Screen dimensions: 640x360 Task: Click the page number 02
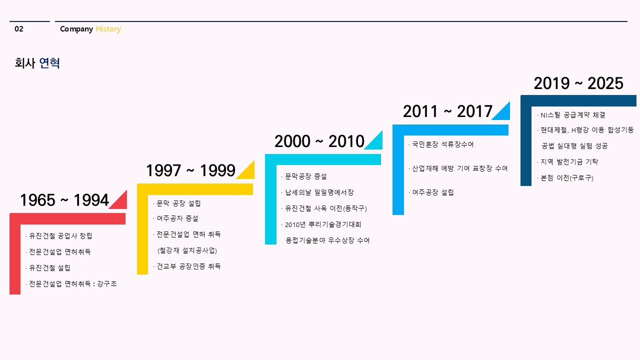click(x=19, y=29)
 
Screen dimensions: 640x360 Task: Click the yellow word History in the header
click(x=108, y=29)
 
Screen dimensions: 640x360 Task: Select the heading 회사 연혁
click(x=37, y=63)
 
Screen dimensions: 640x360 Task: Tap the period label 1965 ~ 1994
click(x=64, y=200)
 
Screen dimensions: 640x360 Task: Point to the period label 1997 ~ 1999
click(x=191, y=170)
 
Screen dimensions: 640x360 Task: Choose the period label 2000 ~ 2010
click(x=319, y=141)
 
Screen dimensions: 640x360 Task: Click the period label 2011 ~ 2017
click(x=447, y=111)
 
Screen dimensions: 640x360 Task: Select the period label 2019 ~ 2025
click(x=578, y=83)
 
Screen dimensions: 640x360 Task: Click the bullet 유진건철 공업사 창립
click(x=59, y=236)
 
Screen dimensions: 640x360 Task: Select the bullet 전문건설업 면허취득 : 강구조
click(x=71, y=284)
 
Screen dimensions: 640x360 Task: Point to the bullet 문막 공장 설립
click(x=177, y=203)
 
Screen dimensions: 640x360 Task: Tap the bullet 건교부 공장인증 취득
click(x=187, y=266)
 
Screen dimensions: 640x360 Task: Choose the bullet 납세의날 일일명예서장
click(x=317, y=192)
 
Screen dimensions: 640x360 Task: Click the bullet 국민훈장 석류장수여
click(x=441, y=144)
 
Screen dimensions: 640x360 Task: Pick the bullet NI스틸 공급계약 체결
click(x=571, y=115)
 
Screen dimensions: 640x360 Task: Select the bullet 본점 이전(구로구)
click(x=565, y=178)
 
